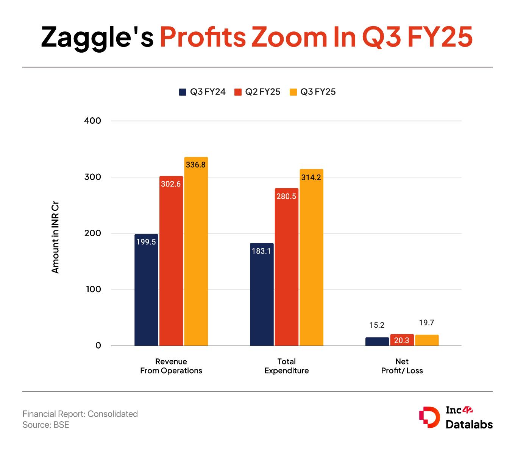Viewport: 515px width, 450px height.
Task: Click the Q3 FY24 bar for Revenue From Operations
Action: click(x=146, y=290)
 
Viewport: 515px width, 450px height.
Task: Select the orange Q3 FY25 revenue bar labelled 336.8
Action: click(x=196, y=251)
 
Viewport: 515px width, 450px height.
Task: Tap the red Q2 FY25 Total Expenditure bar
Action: click(x=286, y=267)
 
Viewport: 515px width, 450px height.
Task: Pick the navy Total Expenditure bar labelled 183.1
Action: click(x=262, y=294)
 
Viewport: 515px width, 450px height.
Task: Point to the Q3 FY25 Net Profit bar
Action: click(x=426, y=340)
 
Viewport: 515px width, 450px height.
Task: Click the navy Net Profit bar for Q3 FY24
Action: click(x=377, y=341)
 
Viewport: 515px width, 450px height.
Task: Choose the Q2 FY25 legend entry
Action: click(x=257, y=92)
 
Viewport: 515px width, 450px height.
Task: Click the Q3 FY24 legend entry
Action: click(x=202, y=92)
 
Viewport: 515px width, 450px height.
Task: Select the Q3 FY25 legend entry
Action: click(x=313, y=92)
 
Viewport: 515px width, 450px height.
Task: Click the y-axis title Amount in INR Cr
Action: click(x=55, y=238)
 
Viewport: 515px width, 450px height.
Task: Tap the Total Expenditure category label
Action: click(x=286, y=366)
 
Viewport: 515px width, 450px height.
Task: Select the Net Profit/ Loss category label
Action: click(x=402, y=366)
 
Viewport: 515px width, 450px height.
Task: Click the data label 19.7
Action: click(x=426, y=323)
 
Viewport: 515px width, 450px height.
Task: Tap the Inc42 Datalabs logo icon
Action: click(x=429, y=417)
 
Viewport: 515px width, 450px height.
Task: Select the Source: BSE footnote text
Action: click(x=46, y=425)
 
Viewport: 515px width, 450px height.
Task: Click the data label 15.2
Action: click(x=377, y=325)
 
